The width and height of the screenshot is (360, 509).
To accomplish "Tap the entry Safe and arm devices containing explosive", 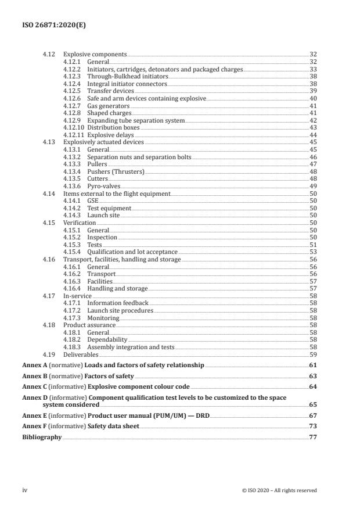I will tap(146, 99).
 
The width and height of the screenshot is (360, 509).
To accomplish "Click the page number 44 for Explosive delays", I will tap(313, 135).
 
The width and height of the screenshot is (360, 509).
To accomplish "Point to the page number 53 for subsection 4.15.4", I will tap(313, 252).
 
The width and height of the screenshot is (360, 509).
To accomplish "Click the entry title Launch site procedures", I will tap(120, 311).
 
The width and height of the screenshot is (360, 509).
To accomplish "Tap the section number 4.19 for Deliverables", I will tap(49, 354).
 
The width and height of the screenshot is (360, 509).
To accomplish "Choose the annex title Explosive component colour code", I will tap(139, 386).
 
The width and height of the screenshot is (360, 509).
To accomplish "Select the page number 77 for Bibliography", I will tap(312, 438).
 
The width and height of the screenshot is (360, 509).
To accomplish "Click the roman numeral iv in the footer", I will tap(24, 490).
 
